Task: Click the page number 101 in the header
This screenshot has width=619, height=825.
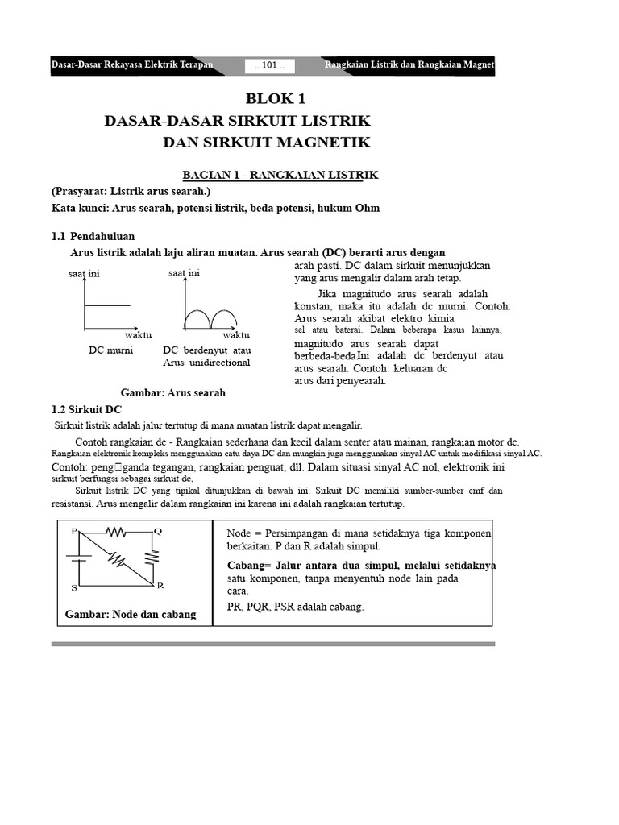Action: [x=269, y=66]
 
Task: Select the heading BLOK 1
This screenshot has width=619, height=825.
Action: [x=276, y=99]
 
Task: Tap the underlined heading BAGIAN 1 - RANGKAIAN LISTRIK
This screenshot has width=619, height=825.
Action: [x=280, y=175]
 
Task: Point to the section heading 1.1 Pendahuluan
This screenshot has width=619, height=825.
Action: [x=93, y=236]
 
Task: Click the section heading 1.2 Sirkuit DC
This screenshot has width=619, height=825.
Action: [x=86, y=408]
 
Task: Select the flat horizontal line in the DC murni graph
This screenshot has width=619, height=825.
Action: [x=107, y=305]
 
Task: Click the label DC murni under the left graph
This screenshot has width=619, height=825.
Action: [x=110, y=350]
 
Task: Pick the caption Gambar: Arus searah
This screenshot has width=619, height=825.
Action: [x=172, y=392]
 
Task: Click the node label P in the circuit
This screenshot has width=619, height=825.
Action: [x=74, y=531]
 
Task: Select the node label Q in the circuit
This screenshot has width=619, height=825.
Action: [x=158, y=531]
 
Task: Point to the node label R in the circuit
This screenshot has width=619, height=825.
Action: [x=160, y=585]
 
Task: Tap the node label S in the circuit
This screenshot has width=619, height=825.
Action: [x=74, y=587]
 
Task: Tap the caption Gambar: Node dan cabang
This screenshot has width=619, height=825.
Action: [x=131, y=614]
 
